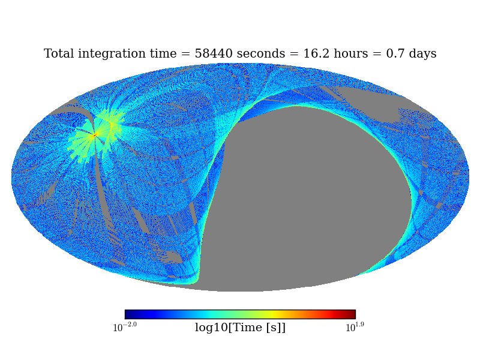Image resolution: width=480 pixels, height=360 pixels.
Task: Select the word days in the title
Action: click(x=422, y=54)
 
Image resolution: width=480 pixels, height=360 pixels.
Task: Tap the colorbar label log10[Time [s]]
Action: click(x=240, y=328)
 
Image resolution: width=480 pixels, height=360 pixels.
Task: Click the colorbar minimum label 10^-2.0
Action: click(x=125, y=327)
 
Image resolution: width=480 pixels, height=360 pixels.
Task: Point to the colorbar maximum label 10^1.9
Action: click(x=355, y=327)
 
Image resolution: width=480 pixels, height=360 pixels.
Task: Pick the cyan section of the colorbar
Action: click(x=207, y=314)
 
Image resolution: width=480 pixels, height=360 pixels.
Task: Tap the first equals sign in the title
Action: click(x=186, y=55)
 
